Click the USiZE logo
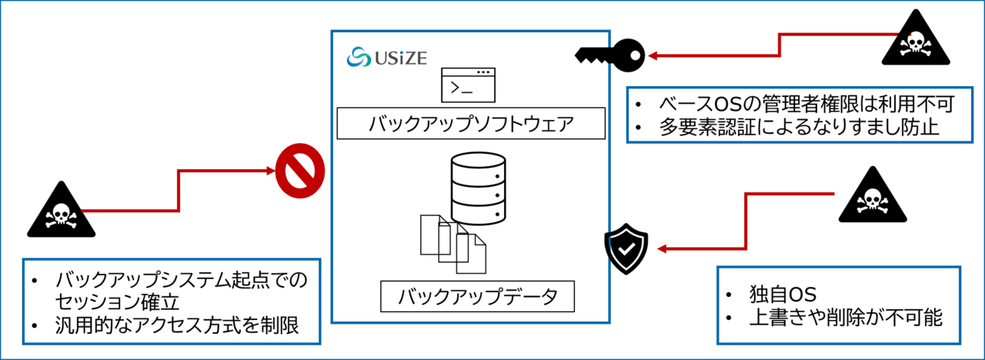387,57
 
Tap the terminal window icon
468,85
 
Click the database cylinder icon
478,188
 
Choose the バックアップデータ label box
477,296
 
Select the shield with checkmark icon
626,248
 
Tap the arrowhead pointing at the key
652,55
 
